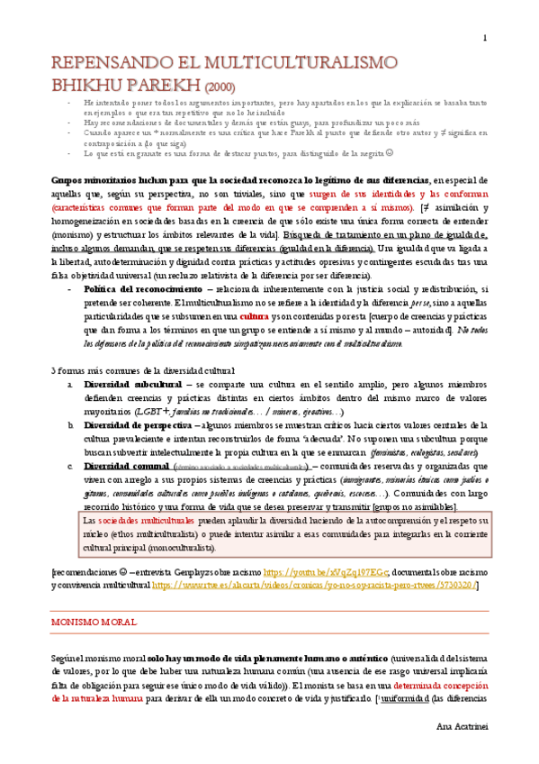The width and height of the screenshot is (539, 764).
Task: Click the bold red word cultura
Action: (x=254, y=317)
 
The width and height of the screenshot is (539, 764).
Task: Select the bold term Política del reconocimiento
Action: (x=143, y=289)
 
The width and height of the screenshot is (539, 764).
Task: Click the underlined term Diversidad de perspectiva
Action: (x=138, y=423)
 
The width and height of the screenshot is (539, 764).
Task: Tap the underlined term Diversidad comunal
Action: (x=124, y=466)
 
